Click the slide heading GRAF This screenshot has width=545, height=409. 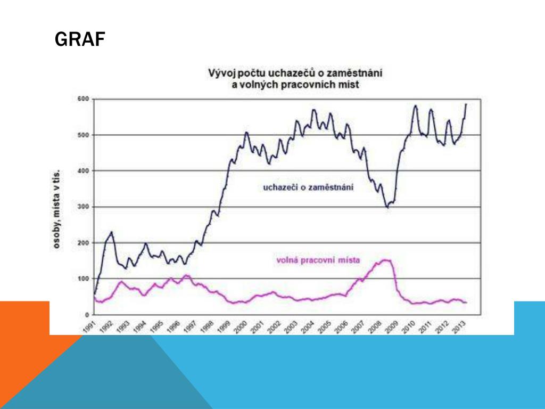coord(80,39)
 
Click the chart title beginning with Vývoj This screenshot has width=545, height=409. coord(295,78)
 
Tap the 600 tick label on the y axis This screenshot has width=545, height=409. coord(82,99)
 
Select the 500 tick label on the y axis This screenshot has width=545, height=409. coord(82,135)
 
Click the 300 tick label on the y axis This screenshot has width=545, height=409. coord(82,207)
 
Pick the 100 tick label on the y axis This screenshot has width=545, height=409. coord(82,279)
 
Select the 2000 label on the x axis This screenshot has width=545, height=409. coord(243,325)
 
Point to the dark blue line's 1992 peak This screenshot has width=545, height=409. coord(111,232)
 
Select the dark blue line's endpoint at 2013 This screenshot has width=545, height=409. coord(466,104)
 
